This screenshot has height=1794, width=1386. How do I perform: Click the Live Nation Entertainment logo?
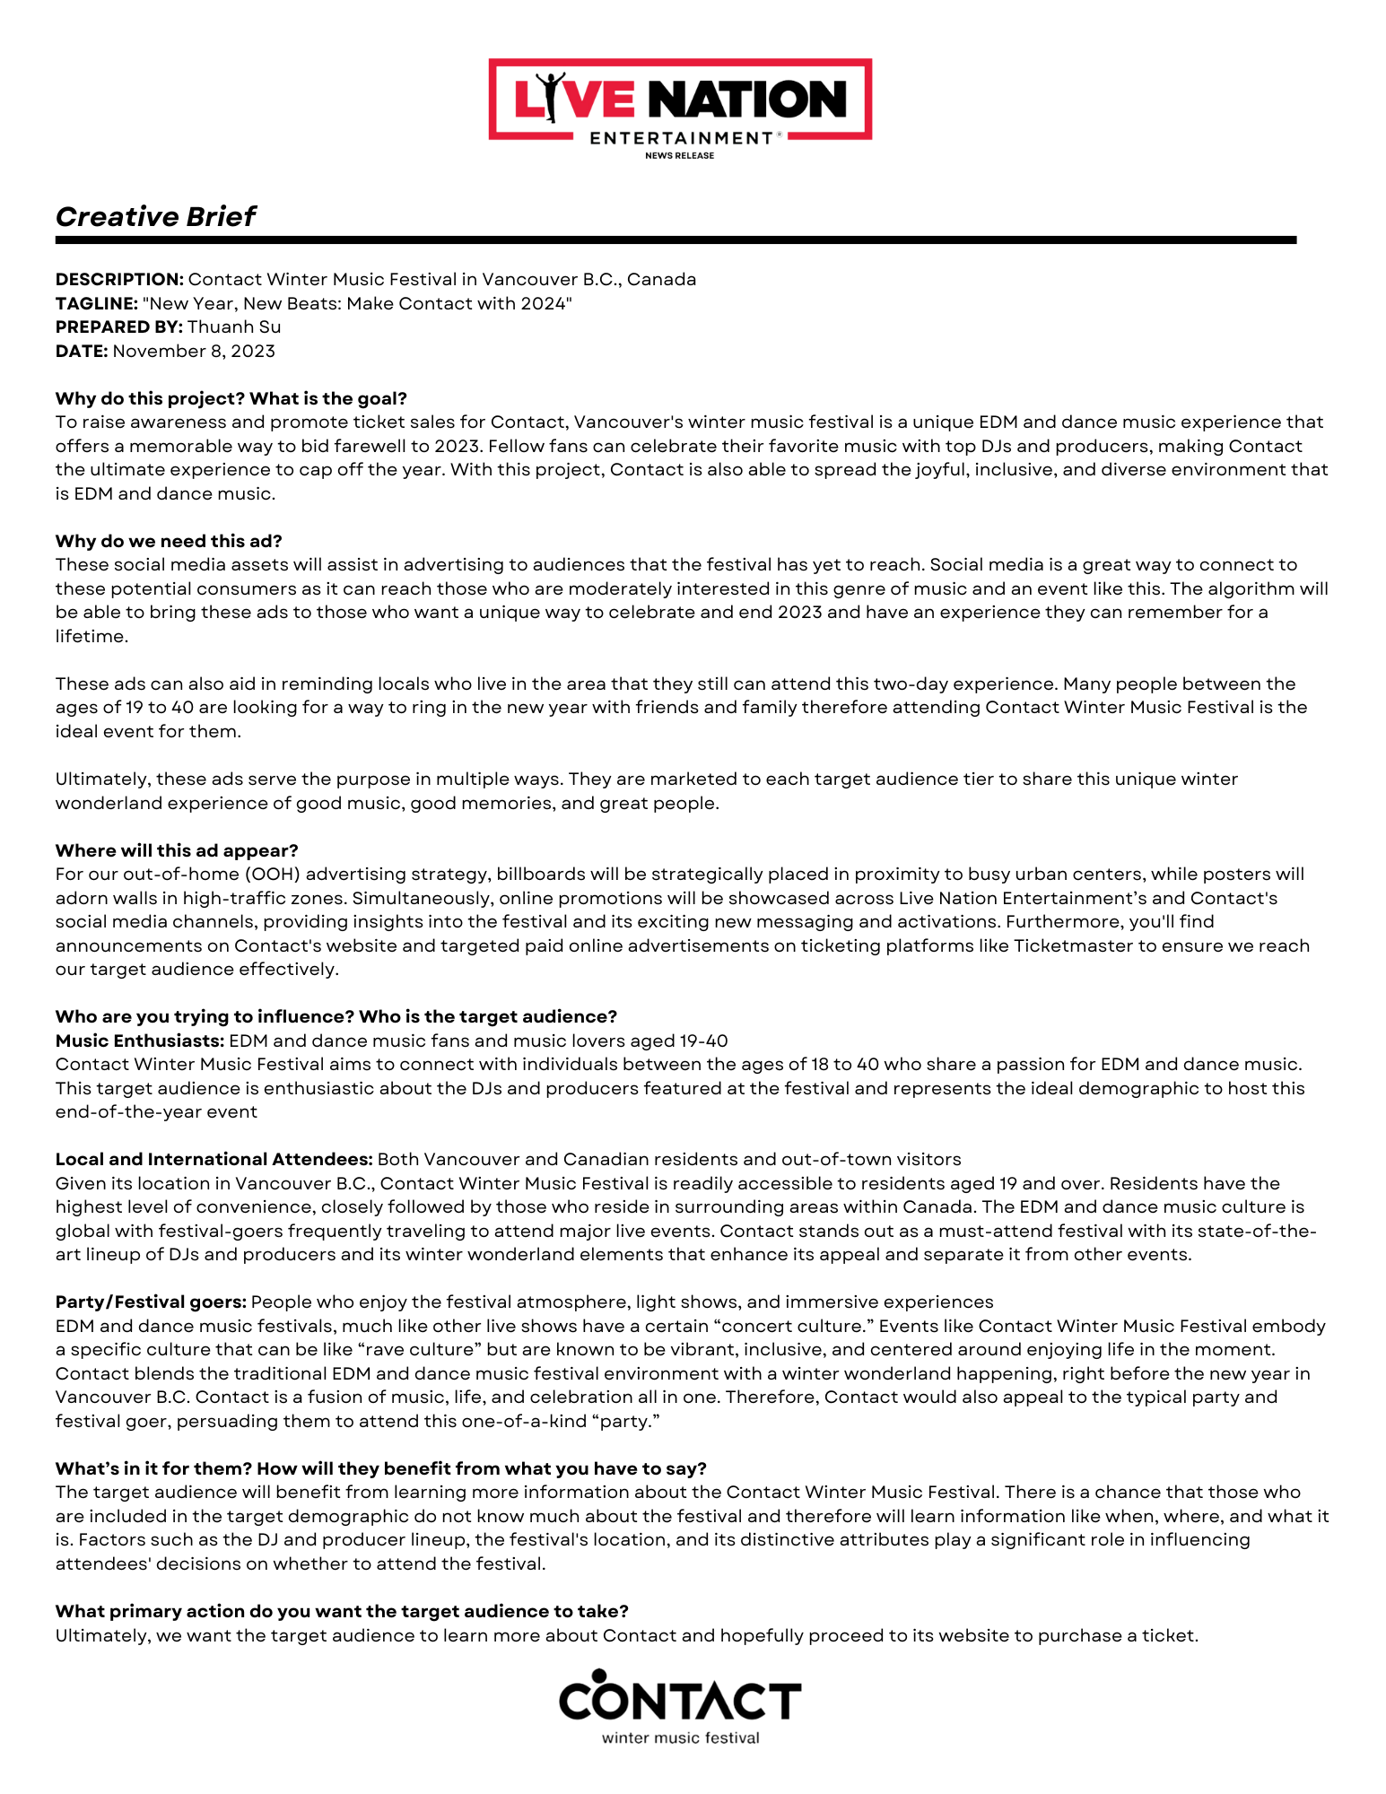tap(680, 100)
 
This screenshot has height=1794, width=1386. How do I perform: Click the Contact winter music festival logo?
tap(680, 1706)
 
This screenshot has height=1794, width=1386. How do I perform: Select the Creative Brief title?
tap(155, 216)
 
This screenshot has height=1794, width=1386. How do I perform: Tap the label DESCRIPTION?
tap(119, 279)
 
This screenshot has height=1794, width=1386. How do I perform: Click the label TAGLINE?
tap(96, 303)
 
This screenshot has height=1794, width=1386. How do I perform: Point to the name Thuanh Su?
tap(234, 327)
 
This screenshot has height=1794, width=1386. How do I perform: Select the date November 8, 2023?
tap(194, 351)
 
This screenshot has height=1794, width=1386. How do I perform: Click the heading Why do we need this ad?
tap(169, 541)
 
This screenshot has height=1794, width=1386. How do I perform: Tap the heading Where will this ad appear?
tap(177, 850)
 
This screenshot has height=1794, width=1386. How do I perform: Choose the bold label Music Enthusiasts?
tap(140, 1041)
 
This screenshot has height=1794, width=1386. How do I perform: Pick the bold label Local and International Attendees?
tap(214, 1159)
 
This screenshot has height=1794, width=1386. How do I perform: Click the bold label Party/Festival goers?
tap(151, 1302)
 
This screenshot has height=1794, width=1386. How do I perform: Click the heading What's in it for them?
tap(153, 1468)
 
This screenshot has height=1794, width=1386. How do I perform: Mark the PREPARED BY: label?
tap(118, 327)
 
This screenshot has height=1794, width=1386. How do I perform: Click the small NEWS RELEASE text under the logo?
tap(680, 155)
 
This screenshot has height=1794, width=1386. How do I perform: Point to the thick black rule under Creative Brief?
tap(676, 240)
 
